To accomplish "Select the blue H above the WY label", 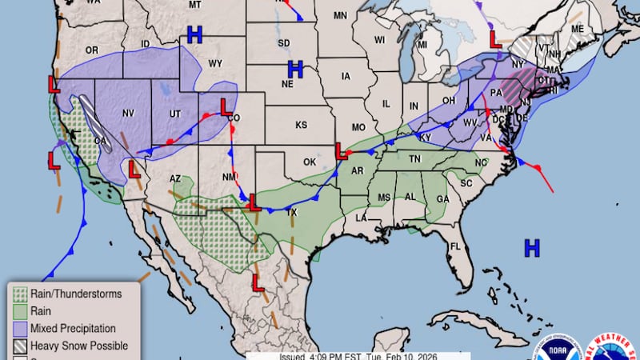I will pos(194,34).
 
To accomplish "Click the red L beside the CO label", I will pos(226,105).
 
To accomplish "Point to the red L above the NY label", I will pos(496,36).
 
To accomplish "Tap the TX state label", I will pos(292,213).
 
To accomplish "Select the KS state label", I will pos(301,126).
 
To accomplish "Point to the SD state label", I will pos(283,42).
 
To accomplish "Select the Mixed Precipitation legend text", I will pos(73,328).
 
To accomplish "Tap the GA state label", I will pos(442,199).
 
